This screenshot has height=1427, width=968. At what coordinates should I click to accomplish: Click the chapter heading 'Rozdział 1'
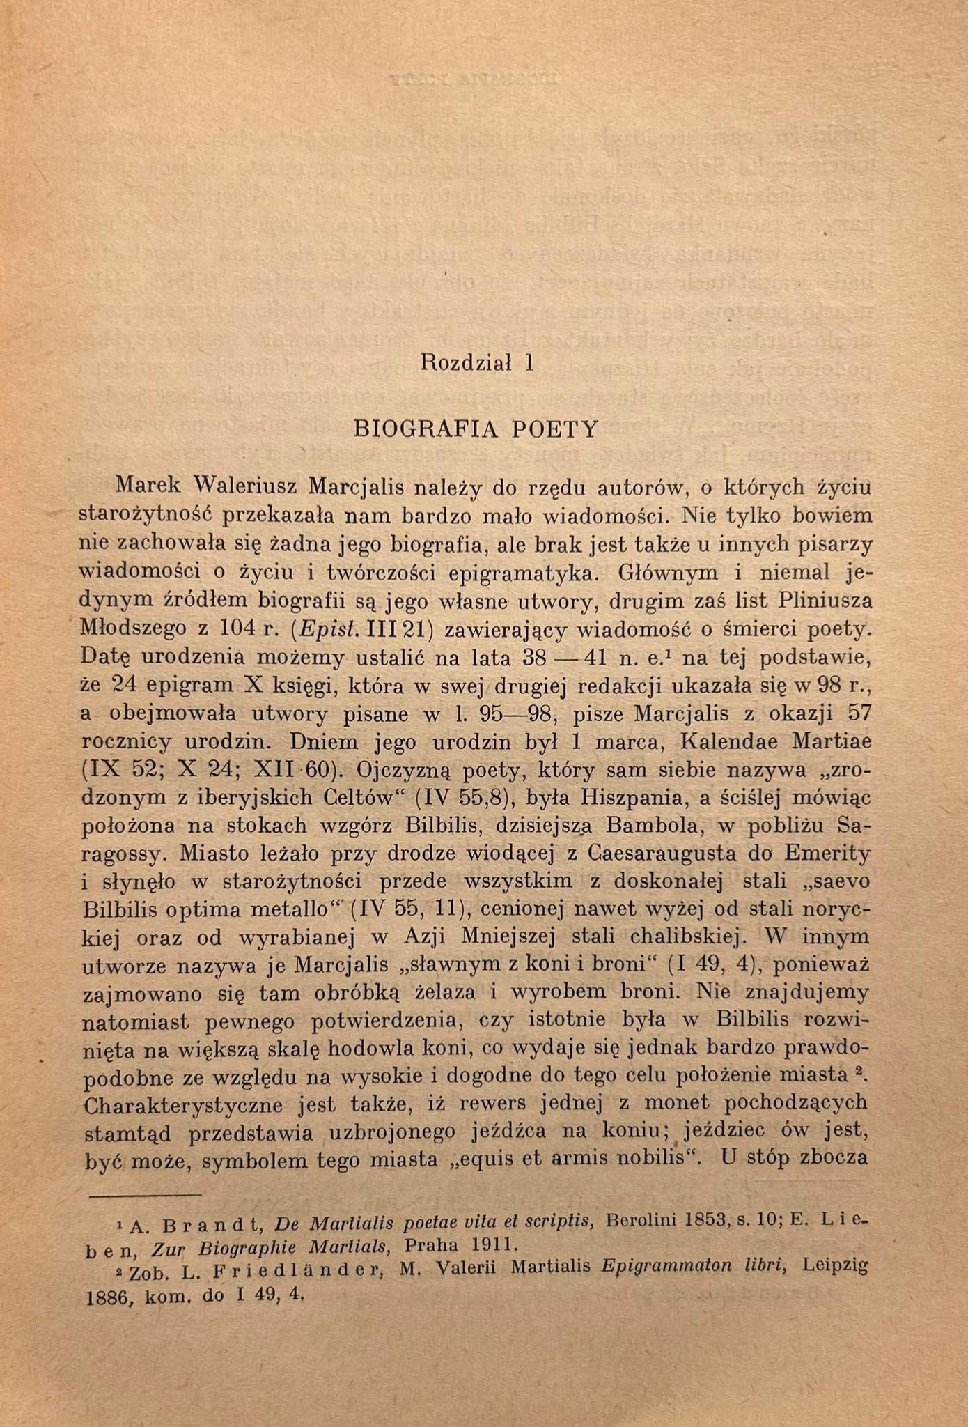(477, 363)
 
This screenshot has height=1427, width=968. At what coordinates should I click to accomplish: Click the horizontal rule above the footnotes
(145, 1196)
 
